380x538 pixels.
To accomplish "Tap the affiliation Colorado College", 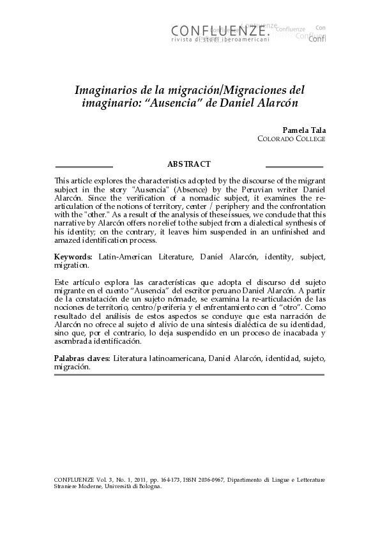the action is coord(291,138).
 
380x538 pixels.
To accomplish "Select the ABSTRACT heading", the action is coord(189,165).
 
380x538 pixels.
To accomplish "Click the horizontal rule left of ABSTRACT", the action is coord(84,165).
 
